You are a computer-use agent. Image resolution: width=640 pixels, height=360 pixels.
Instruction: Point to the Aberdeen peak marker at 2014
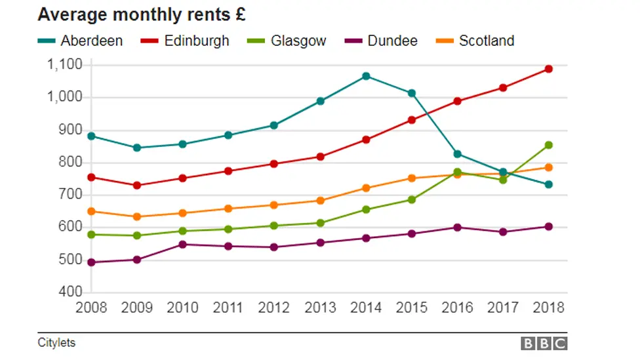[x=366, y=76]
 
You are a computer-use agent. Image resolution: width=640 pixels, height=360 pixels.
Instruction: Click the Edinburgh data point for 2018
[x=549, y=69]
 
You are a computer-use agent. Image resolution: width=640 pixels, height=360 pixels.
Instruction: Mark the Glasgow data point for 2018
[x=549, y=145]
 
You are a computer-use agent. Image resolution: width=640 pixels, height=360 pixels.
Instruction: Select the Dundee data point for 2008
[x=92, y=262]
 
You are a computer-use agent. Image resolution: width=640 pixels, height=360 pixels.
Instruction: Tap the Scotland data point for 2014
[x=366, y=188]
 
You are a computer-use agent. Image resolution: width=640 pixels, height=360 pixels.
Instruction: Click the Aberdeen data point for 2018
[x=549, y=184]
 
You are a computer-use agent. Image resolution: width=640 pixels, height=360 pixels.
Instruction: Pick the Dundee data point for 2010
[x=183, y=245]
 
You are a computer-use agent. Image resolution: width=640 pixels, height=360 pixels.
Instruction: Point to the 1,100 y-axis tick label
[x=64, y=64]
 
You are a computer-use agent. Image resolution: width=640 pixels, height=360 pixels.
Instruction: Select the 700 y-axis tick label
[x=71, y=194]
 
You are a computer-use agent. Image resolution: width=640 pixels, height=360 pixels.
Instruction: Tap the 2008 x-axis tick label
[x=91, y=307]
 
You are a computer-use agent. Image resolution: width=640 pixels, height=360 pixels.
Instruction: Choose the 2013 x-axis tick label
[x=320, y=307]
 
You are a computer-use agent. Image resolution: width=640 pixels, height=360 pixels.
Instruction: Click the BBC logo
[x=544, y=343]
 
